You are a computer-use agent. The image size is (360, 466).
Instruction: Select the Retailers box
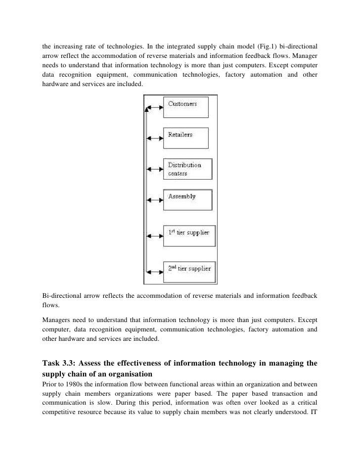pyautogui.click(x=186, y=138)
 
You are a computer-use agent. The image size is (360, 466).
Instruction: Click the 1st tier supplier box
pyautogui.click(x=190, y=236)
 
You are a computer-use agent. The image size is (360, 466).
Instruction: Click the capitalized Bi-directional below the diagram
pyautogui.click(x=62, y=296)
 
